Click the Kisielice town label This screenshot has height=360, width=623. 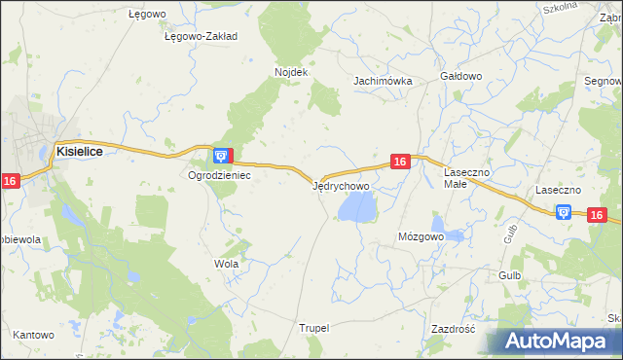[80, 152]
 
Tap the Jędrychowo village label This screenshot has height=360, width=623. [341, 185]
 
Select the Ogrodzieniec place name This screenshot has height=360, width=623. [220, 176]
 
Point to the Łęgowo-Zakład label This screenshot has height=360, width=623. [202, 36]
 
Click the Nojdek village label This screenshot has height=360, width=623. [291, 72]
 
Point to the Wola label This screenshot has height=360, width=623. [226, 264]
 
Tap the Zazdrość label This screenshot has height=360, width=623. [452, 329]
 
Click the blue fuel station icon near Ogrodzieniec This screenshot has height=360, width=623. [223, 155]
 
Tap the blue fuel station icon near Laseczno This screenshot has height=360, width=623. [564, 212]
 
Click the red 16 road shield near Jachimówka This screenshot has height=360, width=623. [400, 162]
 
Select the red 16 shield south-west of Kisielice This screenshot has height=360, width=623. [10, 181]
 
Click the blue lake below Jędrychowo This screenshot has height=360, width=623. [355, 206]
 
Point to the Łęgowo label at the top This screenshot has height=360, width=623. [149, 15]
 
